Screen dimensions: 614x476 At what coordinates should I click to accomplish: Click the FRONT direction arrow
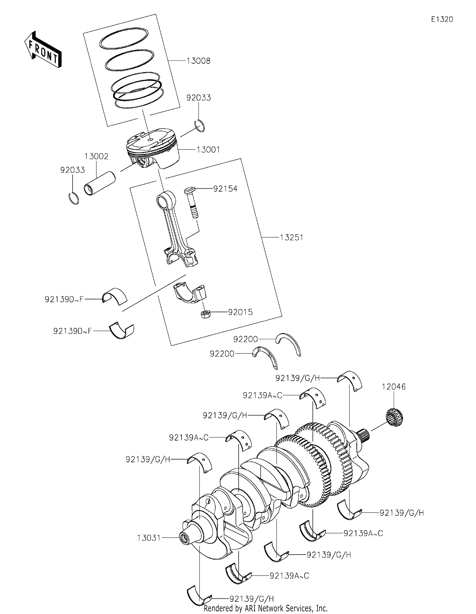pyautogui.click(x=43, y=49)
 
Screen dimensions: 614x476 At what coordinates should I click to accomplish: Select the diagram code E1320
pyautogui.click(x=442, y=19)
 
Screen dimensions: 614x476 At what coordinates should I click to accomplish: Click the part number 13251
pyautogui.click(x=291, y=237)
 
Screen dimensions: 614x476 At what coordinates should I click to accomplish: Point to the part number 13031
pyautogui.click(x=149, y=538)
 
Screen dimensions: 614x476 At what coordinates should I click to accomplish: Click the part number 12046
pyautogui.click(x=394, y=387)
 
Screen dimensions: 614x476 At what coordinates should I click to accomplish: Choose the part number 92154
pyautogui.click(x=225, y=189)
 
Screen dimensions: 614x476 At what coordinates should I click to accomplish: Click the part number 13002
pyautogui.click(x=97, y=156)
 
